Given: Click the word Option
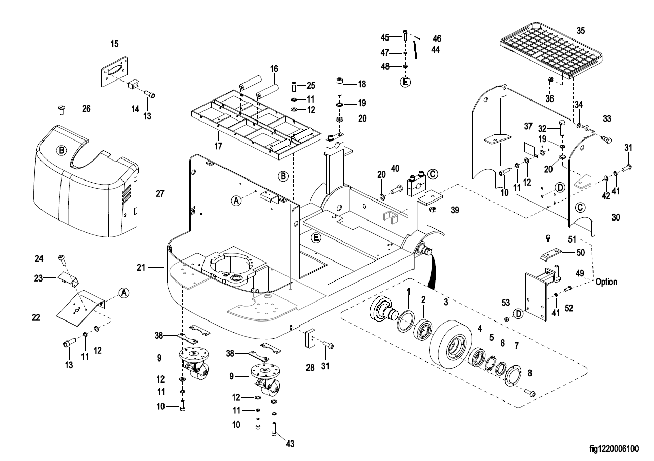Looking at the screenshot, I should (x=606, y=282).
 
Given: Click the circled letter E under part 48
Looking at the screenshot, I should (x=405, y=81).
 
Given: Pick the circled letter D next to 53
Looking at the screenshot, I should (x=518, y=312).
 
